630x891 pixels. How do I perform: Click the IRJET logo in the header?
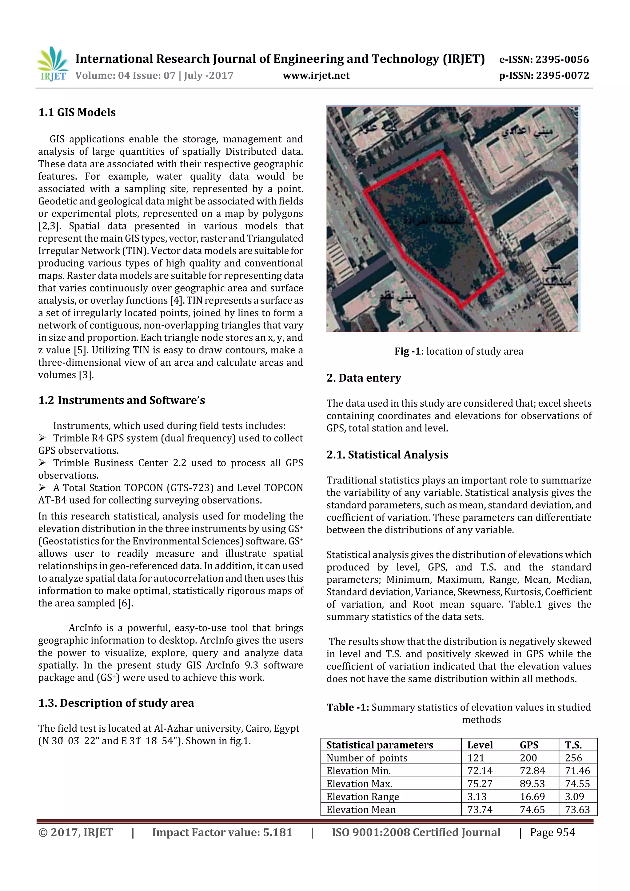[52, 64]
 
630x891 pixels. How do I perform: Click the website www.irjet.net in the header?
[316, 76]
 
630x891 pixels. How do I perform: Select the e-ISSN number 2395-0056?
[562, 59]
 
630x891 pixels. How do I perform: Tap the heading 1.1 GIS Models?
[77, 113]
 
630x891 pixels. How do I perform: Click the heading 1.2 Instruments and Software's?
[122, 400]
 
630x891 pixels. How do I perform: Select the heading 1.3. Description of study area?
[116, 703]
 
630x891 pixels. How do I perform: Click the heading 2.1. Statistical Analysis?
[387, 455]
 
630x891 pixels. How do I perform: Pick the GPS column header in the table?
[529, 745]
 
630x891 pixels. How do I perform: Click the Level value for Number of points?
[476, 758]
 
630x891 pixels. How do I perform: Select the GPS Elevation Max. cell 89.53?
[532, 783]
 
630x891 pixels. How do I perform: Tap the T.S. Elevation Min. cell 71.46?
[577, 771]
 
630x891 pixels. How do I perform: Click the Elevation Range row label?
[363, 796]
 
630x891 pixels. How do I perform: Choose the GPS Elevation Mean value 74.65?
[532, 809]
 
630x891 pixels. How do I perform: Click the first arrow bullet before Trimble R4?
[42, 438]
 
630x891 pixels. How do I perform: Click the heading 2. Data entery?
[363, 378]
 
